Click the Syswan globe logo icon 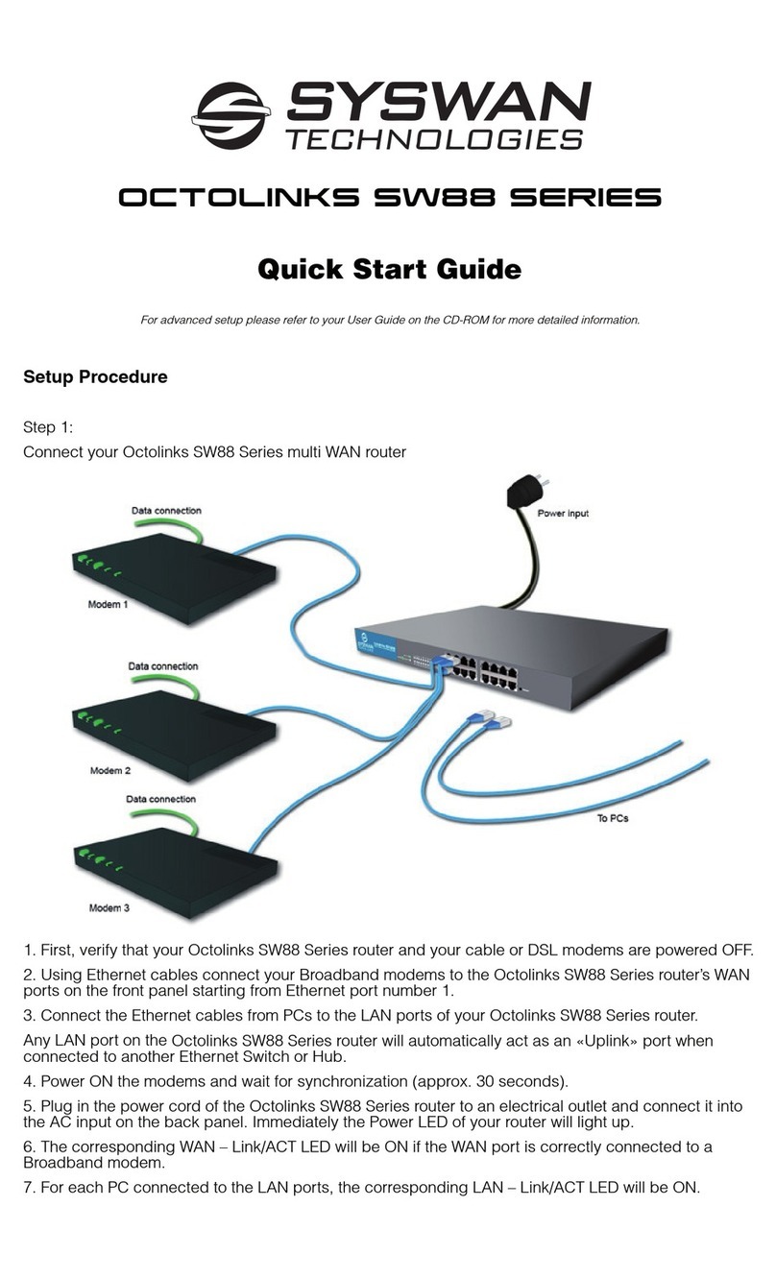coord(230,115)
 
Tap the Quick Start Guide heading coord(389,269)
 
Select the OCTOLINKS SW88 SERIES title coord(389,199)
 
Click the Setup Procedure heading coord(95,377)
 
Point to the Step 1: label coord(49,429)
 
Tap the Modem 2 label coord(109,770)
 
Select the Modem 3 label coord(109,906)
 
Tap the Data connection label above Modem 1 coord(166,511)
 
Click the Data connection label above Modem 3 coord(160,799)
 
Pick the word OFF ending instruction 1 coord(736,952)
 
